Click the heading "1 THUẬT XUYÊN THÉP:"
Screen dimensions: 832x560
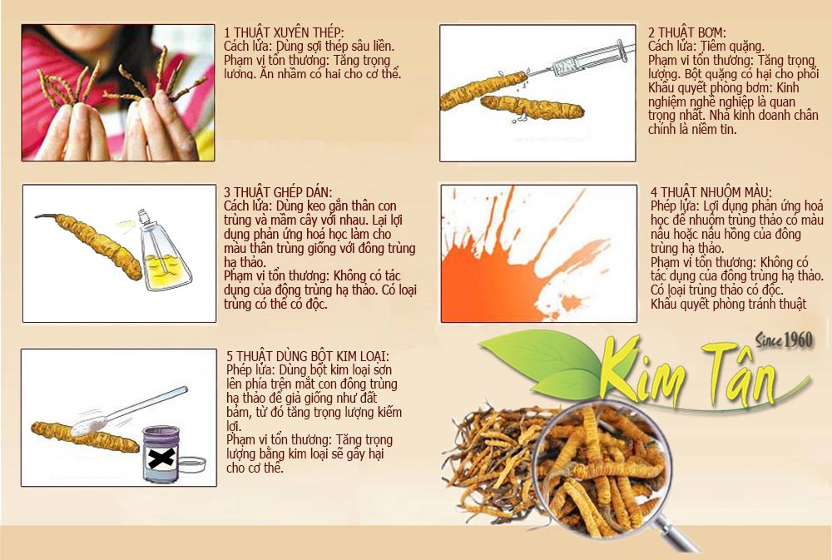284,32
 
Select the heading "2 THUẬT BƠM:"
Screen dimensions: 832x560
686,32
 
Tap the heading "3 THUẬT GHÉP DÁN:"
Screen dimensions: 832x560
278,192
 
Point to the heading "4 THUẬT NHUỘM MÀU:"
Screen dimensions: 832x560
711,192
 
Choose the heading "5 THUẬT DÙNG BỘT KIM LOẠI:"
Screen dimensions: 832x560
308,356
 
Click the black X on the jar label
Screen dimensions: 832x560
161,457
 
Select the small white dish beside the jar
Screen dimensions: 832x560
191,464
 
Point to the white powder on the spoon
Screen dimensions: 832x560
89,426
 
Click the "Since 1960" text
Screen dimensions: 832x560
785,340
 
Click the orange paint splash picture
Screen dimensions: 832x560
538,253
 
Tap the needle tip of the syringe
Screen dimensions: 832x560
529,74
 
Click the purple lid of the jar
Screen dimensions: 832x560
161,434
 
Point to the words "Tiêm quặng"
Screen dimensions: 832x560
733,46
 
